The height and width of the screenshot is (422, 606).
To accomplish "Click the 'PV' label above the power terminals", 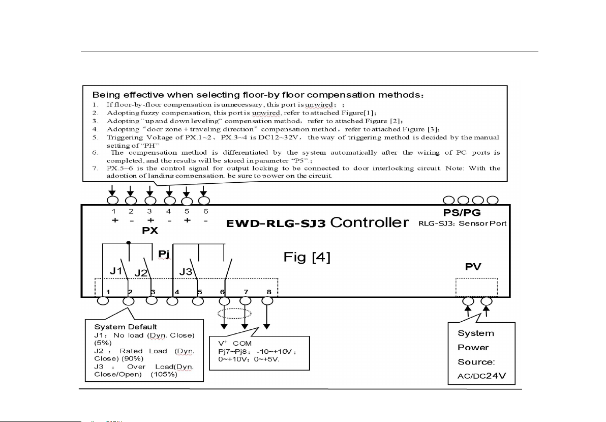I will pos(473,266).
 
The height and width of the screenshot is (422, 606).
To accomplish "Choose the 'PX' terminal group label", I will pos(150,230).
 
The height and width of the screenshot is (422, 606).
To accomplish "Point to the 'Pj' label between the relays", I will pos(163,253).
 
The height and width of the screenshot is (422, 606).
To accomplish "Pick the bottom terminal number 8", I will pos(268,292).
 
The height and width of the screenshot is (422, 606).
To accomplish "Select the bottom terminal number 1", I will pos(109,292).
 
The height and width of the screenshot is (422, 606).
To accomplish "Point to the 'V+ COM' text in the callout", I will pos(235,344).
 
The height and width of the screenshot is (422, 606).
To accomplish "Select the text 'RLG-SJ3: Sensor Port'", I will pos(463,222).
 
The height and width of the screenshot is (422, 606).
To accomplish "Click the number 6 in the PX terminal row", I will pos(206,211).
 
